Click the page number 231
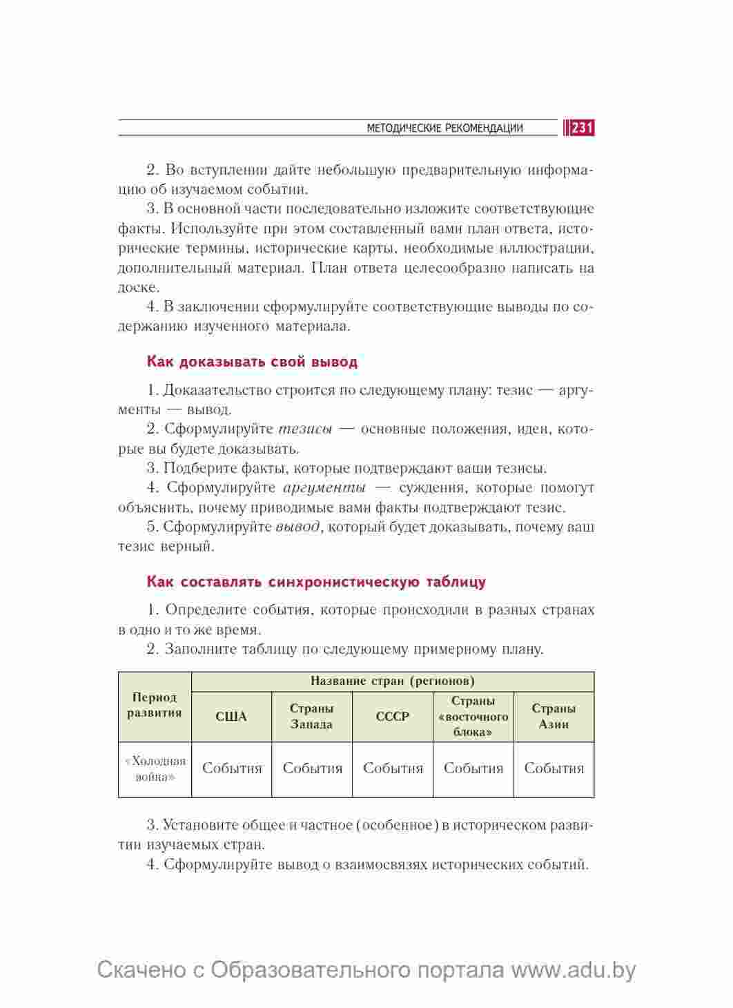point(582,128)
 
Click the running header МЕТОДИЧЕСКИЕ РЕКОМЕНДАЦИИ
point(444,128)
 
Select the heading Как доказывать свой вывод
point(252,362)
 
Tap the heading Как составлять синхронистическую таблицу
point(316,582)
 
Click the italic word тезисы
point(304,429)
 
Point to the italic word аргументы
point(324,488)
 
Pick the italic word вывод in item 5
point(297,527)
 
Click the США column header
point(231,717)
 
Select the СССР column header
point(393,717)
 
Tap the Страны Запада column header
point(312,717)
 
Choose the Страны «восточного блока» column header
point(473,717)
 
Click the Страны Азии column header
point(554,717)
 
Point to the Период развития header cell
point(155,706)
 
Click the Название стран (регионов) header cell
point(392,681)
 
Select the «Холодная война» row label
point(155,769)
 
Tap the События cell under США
point(232,769)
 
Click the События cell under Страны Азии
point(554,769)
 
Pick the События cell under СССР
point(393,769)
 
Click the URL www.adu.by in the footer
point(573,970)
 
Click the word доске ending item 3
point(138,287)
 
